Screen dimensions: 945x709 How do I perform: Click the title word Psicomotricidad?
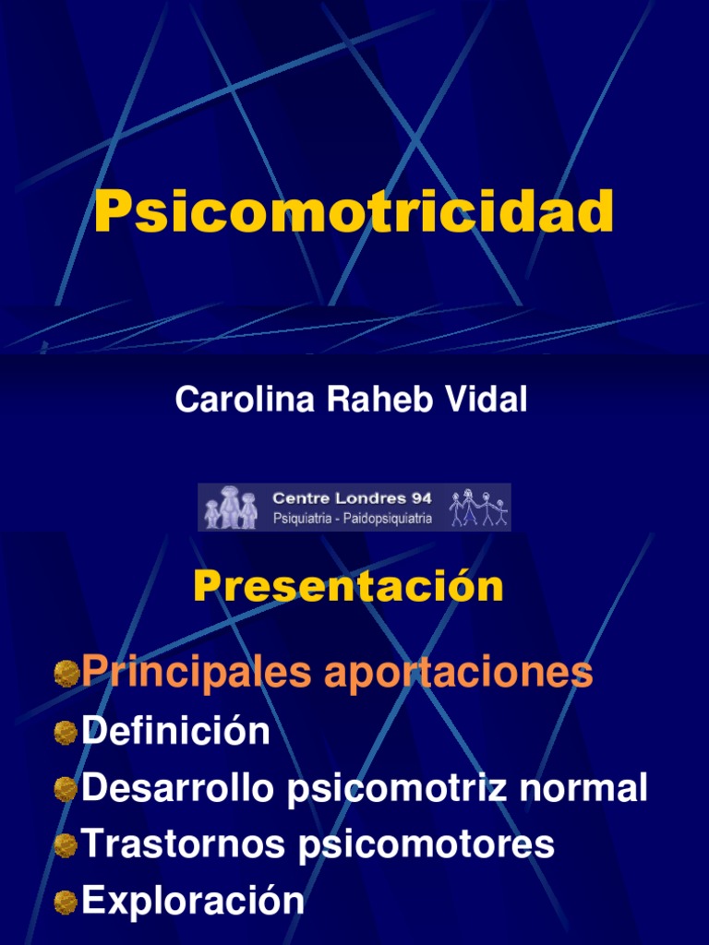coord(354,211)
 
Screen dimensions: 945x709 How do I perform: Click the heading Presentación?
coord(348,587)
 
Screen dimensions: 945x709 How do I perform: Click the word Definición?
coord(175,731)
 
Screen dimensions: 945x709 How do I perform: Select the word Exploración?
coord(192,900)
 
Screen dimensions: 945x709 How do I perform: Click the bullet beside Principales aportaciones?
coord(65,674)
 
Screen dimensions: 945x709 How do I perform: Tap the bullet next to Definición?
coord(65,733)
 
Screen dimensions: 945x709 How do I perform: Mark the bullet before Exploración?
coord(65,902)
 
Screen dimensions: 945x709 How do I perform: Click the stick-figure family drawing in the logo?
coord(478,508)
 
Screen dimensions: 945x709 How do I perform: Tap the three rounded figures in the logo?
coord(232,508)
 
